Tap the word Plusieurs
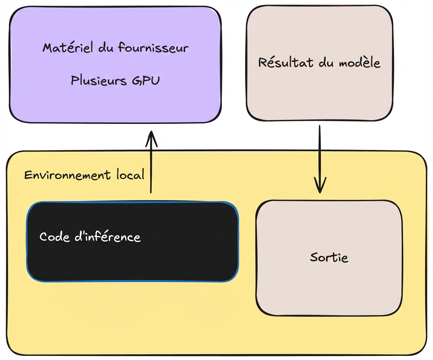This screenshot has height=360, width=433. click(x=98, y=80)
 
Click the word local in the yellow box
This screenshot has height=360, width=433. click(x=130, y=175)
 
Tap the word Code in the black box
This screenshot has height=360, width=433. click(x=53, y=237)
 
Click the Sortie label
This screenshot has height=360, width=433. click(x=329, y=257)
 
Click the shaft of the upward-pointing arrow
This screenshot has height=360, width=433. click(x=151, y=168)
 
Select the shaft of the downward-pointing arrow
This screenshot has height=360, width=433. click(x=319, y=153)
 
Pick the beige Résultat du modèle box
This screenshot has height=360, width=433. click(x=319, y=95)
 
